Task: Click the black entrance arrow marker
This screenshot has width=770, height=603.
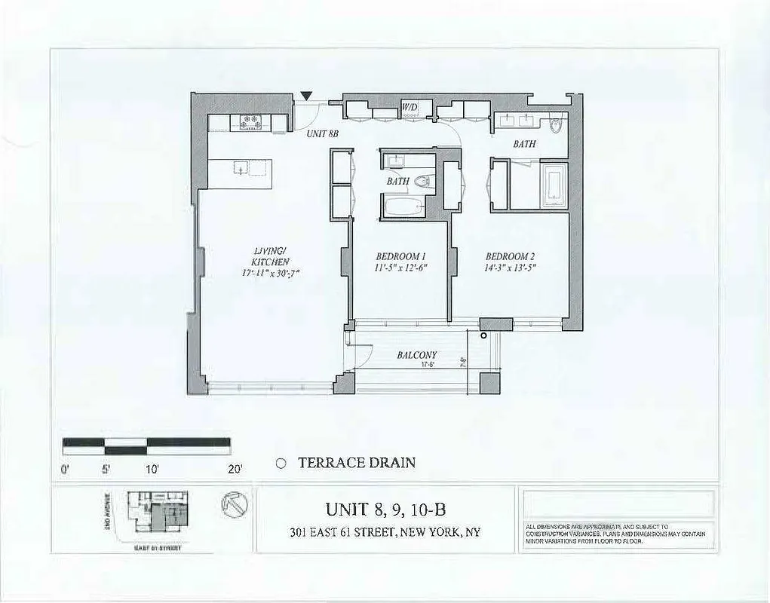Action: click(x=305, y=95)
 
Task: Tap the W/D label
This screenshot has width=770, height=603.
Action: click(x=410, y=107)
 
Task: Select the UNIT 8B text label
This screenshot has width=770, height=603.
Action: click(x=322, y=133)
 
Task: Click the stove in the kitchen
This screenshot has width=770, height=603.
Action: click(x=250, y=121)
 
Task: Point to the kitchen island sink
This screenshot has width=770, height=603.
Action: click(x=240, y=168)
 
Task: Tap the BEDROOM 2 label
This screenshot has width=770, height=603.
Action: click(x=511, y=261)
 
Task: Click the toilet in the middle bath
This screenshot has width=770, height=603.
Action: click(x=424, y=181)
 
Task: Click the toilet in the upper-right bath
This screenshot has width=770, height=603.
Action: click(x=557, y=124)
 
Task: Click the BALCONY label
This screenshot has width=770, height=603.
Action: click(x=416, y=355)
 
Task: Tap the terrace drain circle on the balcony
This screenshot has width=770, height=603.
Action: click(x=483, y=335)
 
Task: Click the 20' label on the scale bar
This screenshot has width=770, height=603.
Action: click(x=235, y=469)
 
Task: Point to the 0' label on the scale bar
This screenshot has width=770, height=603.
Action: click(x=65, y=469)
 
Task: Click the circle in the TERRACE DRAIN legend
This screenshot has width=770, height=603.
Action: click(x=281, y=464)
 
